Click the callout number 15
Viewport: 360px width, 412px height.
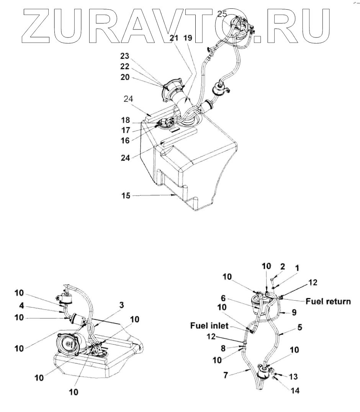pos(126,195)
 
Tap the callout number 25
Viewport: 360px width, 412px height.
pos(222,14)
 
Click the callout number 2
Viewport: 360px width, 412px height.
pos(282,266)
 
